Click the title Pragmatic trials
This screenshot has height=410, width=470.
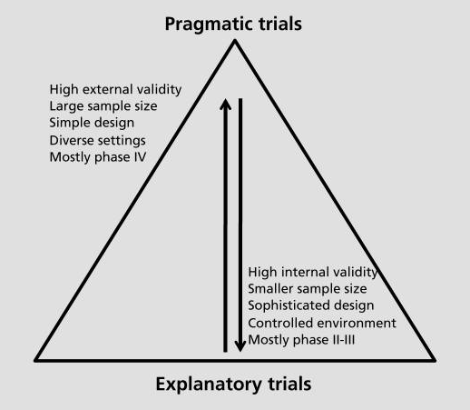click(233, 25)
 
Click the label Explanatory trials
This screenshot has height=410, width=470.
click(233, 385)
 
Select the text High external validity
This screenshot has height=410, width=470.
click(115, 90)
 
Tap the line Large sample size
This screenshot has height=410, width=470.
click(103, 106)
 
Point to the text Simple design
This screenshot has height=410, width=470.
click(92, 123)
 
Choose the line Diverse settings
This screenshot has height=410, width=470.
click(98, 141)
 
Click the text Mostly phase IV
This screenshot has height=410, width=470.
click(98, 157)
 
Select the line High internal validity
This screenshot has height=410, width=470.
click(313, 272)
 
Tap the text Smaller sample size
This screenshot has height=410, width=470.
click(308, 289)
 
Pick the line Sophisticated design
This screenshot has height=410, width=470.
click(311, 305)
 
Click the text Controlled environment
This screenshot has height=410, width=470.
click(322, 323)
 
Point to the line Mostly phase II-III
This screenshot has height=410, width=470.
click(301, 340)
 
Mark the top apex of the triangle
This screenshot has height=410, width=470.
click(235, 41)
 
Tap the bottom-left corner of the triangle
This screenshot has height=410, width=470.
click(35, 361)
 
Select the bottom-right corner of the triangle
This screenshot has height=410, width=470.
click(435, 361)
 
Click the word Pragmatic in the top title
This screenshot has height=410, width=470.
click(210, 25)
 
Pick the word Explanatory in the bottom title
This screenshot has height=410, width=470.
click(209, 385)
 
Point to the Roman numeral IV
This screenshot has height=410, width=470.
click(140, 157)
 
